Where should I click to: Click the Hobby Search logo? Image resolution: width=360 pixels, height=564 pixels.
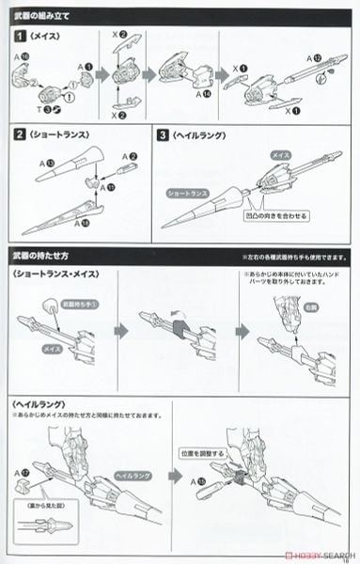click(x=318, y=554)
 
